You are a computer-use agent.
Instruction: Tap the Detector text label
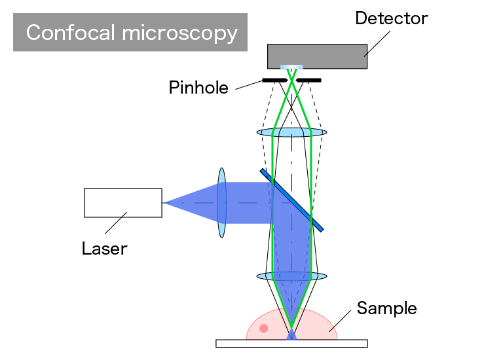tap(391, 18)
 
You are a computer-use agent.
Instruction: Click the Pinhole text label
tap(198, 87)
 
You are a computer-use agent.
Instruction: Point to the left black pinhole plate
tap(274, 80)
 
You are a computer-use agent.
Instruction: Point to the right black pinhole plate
tap(308, 80)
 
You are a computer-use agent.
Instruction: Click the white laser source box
tap(123, 202)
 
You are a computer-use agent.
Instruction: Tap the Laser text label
tap(104, 248)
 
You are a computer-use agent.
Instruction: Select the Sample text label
tap(386, 308)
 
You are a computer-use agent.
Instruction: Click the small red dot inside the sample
tap(264, 328)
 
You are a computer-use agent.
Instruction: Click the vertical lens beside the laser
tap(221, 203)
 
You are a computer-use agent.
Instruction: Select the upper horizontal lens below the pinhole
tap(291, 132)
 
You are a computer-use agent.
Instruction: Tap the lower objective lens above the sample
tap(291, 276)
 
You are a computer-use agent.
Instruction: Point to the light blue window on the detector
tap(291, 67)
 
